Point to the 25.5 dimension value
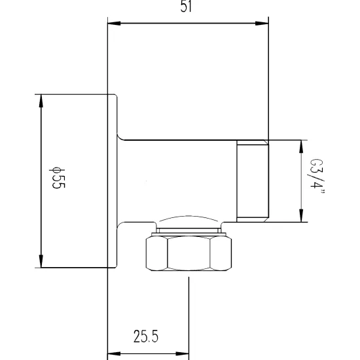[x=146, y=336]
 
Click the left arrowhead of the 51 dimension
[x=114, y=23]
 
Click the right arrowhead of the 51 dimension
[x=262, y=23]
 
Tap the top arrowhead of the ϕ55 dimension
[x=41, y=101]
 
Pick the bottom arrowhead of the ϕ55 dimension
[x=41, y=261]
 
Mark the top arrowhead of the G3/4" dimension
[x=301, y=147]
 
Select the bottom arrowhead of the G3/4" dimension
[x=301, y=215]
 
